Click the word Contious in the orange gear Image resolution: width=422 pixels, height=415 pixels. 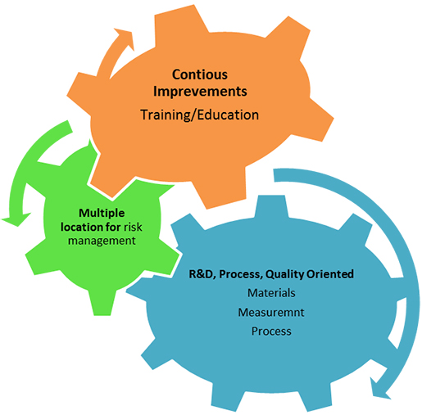[x=200, y=74]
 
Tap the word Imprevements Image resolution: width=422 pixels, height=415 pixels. [x=200, y=92]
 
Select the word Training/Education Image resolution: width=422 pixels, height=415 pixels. [x=199, y=115]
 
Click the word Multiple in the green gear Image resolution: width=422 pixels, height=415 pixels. [x=102, y=214]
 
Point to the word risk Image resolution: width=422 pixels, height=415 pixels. [x=133, y=227]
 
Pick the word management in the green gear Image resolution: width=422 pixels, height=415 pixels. [x=102, y=241]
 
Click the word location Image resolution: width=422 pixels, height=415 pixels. [x=82, y=227]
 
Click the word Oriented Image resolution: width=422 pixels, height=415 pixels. [x=330, y=274]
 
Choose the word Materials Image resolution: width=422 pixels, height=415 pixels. [x=271, y=293]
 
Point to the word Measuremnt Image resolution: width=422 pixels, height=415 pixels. [x=271, y=312]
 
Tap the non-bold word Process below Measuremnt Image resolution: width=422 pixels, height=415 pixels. [x=271, y=331]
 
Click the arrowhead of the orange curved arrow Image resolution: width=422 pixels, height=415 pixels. [x=125, y=38]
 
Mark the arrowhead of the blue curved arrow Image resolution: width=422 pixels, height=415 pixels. [x=380, y=388]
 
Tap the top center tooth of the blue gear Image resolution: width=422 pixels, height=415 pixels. [x=271, y=207]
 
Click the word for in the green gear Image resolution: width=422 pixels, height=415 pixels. [x=114, y=227]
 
